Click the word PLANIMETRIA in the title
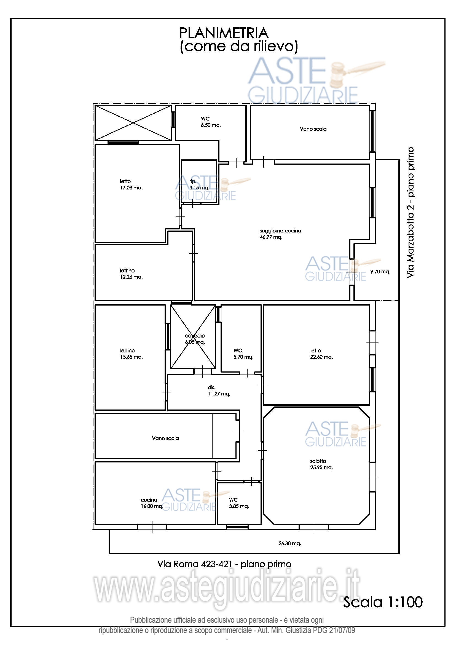224,33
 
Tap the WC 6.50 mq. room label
211,122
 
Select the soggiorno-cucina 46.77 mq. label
280,234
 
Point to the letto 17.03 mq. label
131,184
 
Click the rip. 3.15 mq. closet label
199,184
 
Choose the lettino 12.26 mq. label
131,274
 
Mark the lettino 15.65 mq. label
131,354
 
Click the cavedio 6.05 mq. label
195,339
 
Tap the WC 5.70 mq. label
243,354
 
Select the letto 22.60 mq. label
321,354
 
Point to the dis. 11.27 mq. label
219,390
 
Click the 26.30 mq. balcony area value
289,543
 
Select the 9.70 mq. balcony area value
380,271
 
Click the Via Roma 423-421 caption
224,564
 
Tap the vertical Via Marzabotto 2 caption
410,212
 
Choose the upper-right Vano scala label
313,129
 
